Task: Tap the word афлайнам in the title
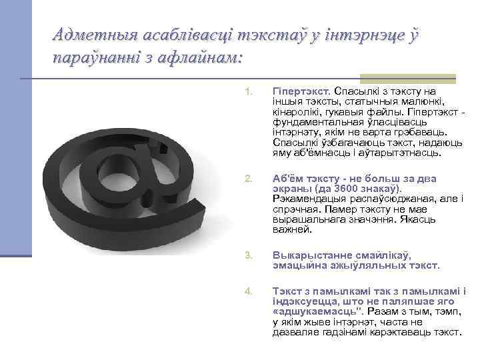202,58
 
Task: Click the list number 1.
248,91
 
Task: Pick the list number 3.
248,255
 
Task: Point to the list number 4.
248,291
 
